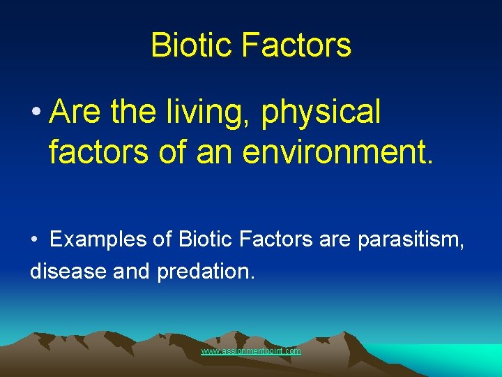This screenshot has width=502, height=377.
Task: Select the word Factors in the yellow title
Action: pos(296,45)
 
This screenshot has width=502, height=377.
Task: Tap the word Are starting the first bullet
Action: pos(75,112)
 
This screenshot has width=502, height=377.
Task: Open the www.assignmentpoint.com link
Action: pos(251,351)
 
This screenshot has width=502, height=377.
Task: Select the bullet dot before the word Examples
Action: pos(34,241)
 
